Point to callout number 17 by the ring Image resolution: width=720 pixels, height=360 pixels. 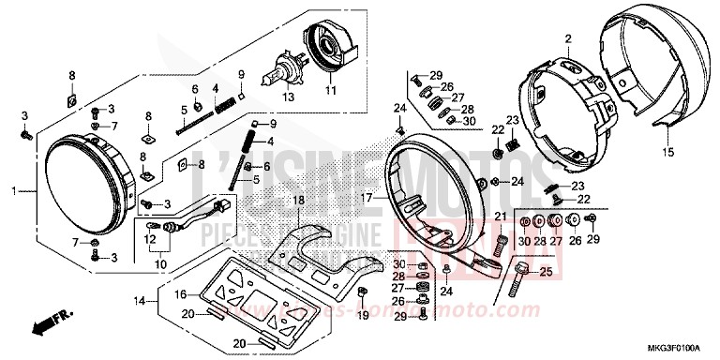367,198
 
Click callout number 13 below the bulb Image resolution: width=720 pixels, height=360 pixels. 289,96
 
